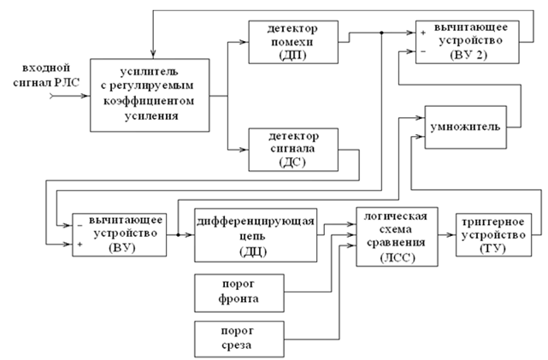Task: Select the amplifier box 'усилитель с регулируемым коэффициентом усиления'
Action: pyautogui.click(x=150, y=94)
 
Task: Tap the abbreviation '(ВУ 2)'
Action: pyautogui.click(x=469, y=53)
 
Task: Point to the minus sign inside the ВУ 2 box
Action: pyautogui.click(x=423, y=52)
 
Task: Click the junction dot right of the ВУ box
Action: pyautogui.click(x=176, y=233)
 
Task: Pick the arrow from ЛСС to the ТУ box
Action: pyautogui.click(x=452, y=233)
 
